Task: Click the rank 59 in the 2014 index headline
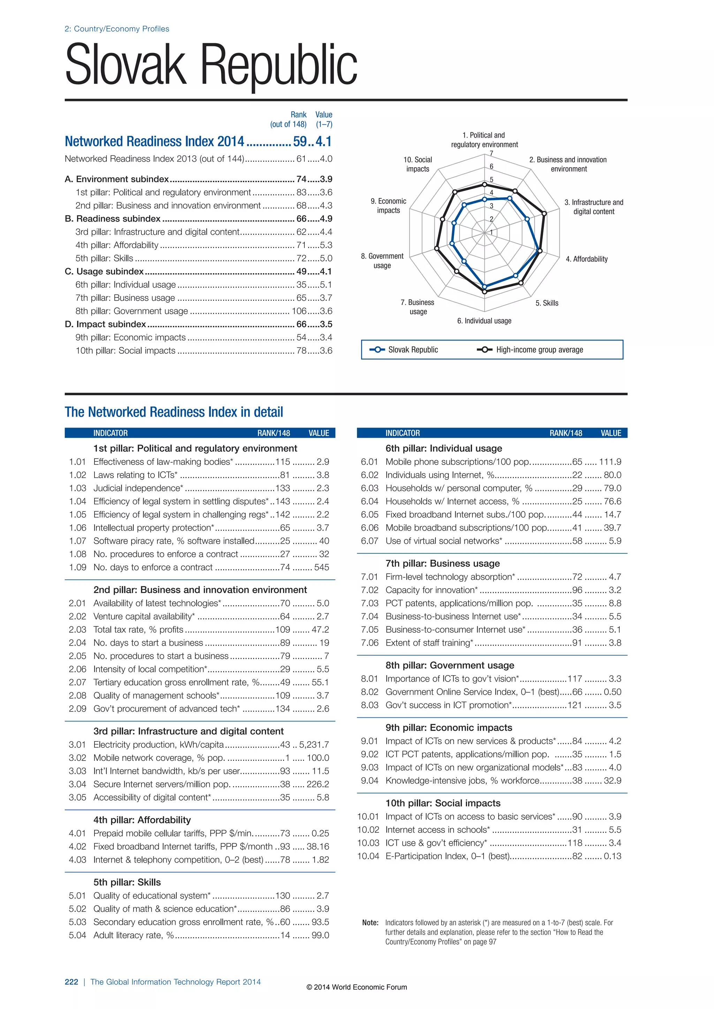(x=300, y=141)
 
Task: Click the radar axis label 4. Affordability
(x=586, y=259)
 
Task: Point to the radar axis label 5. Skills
(x=547, y=303)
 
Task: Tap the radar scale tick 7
(x=492, y=153)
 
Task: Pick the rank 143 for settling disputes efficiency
(x=283, y=501)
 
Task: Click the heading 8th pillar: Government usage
(x=450, y=665)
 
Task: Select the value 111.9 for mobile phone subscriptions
(x=610, y=462)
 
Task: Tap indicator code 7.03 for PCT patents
(x=369, y=603)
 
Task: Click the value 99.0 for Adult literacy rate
(x=320, y=935)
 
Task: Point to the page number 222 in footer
(x=71, y=982)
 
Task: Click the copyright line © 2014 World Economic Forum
(x=357, y=987)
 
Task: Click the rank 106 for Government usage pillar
(x=299, y=311)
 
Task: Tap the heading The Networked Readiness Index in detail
(x=174, y=412)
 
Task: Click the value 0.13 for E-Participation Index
(x=613, y=856)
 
